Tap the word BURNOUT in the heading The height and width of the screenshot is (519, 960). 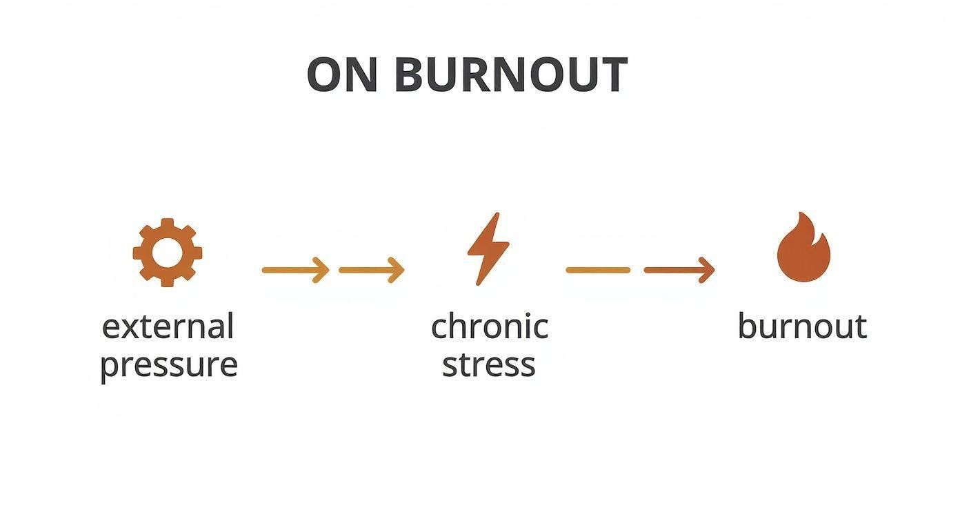point(511,75)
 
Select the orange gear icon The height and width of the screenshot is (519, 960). point(168,252)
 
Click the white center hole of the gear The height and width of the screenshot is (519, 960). point(168,252)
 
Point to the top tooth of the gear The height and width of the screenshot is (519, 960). point(168,223)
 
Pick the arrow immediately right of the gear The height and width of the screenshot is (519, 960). point(296,270)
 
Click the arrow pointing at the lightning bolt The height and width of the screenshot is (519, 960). point(372,270)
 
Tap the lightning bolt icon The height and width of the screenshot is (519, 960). point(488,248)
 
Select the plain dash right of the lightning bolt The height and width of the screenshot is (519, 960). point(598,270)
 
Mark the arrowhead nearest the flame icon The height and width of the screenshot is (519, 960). point(706,270)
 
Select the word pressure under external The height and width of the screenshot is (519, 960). point(168,364)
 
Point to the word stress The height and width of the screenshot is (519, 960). point(488,364)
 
